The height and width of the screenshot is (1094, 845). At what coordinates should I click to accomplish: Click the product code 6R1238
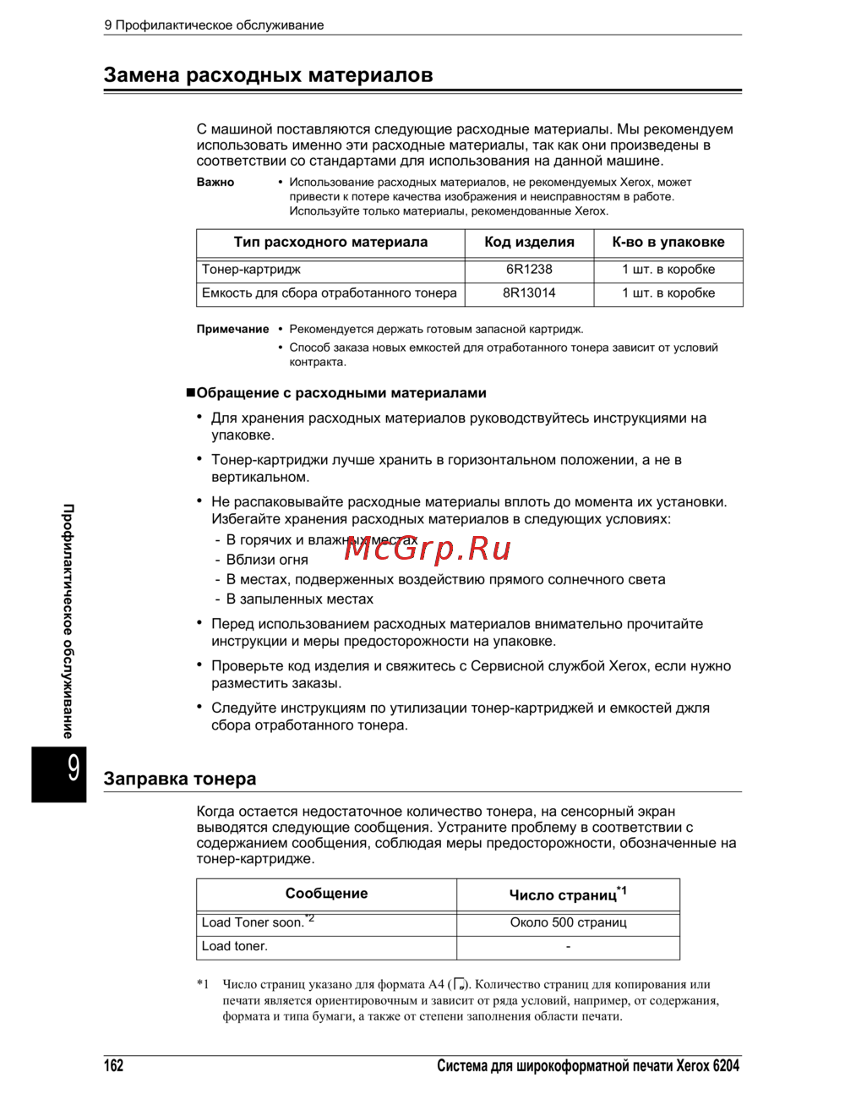tap(529, 270)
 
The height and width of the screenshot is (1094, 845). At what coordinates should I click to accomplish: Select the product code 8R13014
tap(529, 293)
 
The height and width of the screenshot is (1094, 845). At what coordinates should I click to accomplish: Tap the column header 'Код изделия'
tap(529, 243)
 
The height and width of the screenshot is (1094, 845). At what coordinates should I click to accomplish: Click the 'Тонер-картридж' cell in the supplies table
tap(251, 270)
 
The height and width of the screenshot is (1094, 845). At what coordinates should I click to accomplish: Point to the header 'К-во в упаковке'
tap(668, 243)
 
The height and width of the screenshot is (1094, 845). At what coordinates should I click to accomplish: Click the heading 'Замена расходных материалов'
tap(268, 75)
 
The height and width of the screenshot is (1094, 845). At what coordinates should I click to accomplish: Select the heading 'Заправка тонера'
tap(179, 779)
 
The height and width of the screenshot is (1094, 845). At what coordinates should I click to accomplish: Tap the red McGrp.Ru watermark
tap(428, 550)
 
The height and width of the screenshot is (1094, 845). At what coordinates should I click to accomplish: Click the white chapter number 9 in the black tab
tap(74, 768)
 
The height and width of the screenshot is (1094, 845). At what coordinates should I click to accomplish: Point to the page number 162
tap(113, 1065)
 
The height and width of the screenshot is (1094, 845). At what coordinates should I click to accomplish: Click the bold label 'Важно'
tap(215, 182)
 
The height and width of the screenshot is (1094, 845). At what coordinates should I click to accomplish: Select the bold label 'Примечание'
tap(232, 330)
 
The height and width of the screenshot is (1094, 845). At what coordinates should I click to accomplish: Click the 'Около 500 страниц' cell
tap(568, 922)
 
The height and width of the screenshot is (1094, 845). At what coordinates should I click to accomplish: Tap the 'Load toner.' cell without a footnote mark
tap(235, 946)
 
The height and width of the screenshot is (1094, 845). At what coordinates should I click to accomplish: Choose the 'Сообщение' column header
tap(326, 894)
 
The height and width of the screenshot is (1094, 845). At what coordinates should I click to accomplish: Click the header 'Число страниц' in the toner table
tap(563, 895)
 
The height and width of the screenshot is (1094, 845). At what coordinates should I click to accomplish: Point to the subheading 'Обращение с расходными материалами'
tap(341, 393)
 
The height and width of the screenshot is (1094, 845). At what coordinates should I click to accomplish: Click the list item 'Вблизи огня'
tap(267, 560)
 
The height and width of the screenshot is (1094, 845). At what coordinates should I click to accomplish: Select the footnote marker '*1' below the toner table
tap(203, 984)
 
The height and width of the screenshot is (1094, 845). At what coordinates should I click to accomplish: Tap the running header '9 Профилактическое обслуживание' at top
tap(214, 25)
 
